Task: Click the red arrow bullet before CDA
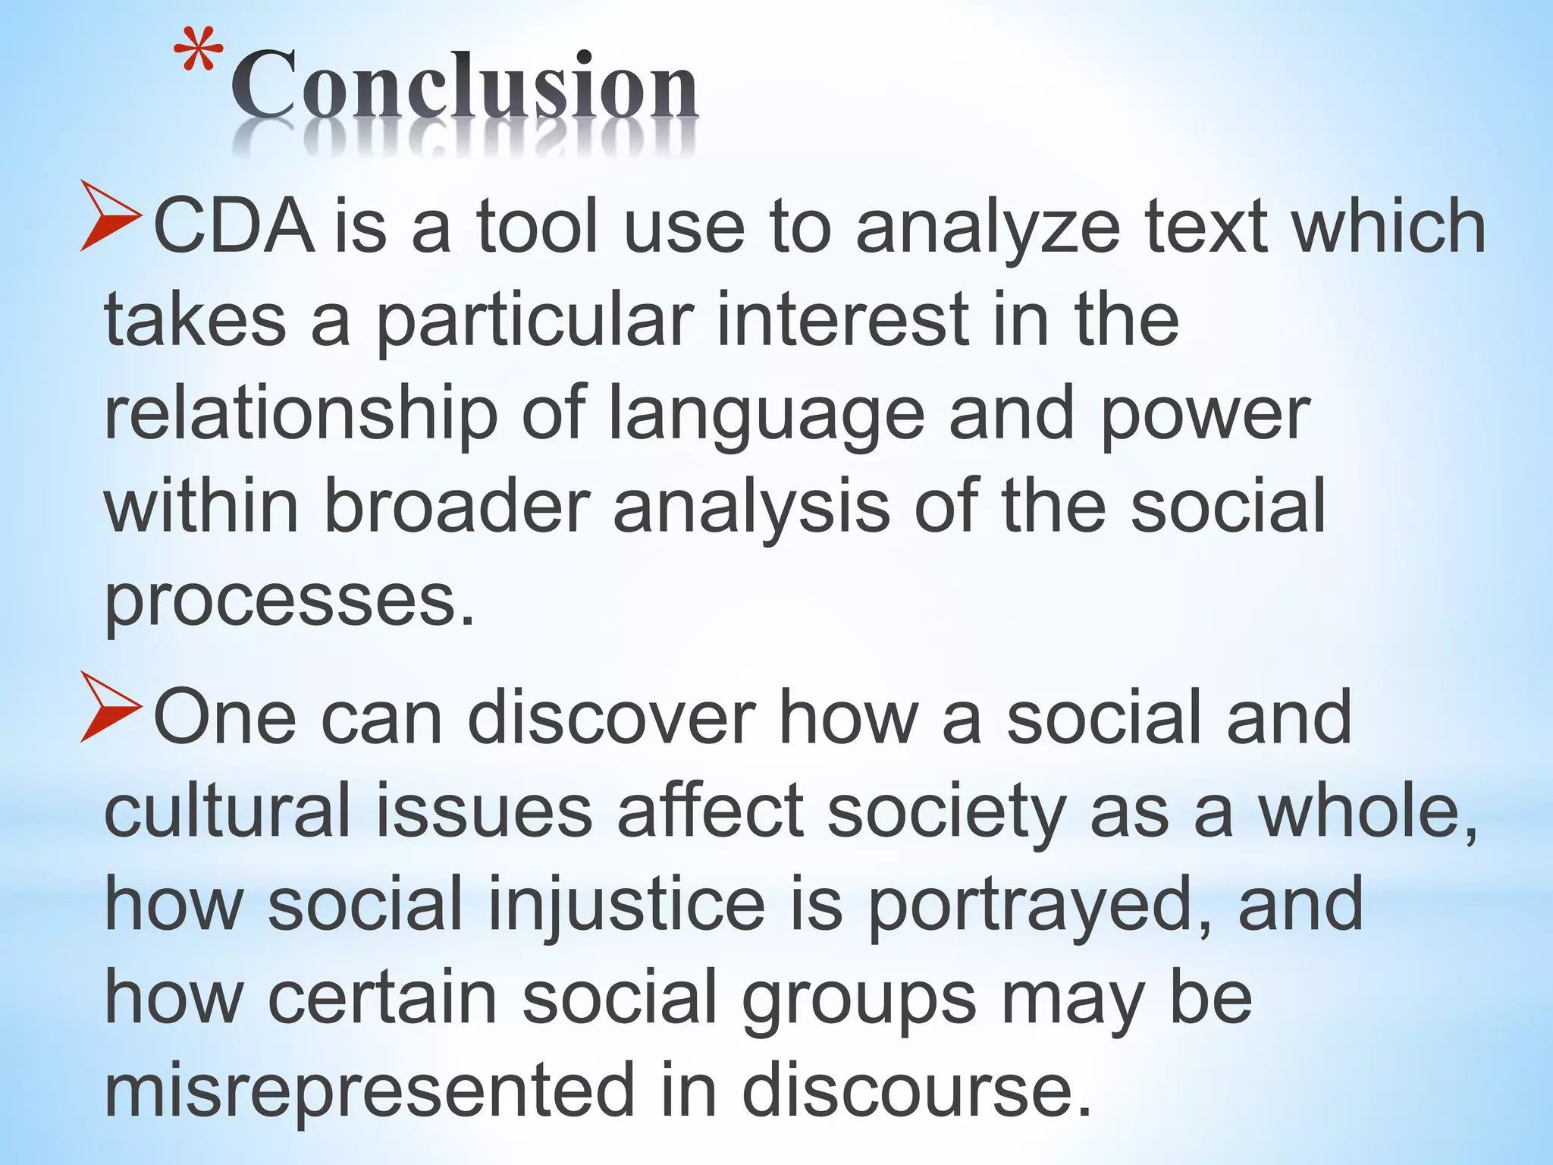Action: tap(111, 216)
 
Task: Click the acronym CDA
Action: tap(234, 227)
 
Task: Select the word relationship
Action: tap(300, 416)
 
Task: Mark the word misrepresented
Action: tap(369, 1092)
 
